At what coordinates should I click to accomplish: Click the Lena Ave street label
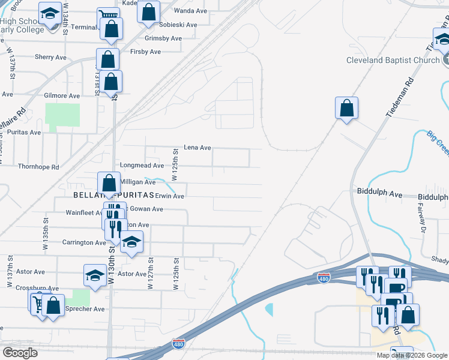pyautogui.click(x=197, y=148)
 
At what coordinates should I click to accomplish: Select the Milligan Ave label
pyautogui.click(x=138, y=182)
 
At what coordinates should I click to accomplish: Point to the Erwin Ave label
pyautogui.click(x=169, y=196)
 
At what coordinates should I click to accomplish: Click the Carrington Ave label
pyautogui.click(x=85, y=243)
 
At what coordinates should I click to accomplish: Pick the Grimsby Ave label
pyautogui.click(x=163, y=38)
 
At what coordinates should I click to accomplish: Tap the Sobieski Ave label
pyautogui.click(x=178, y=25)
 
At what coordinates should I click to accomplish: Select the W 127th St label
pyautogui.click(x=150, y=272)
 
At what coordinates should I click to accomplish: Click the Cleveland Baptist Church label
pyautogui.click(x=393, y=61)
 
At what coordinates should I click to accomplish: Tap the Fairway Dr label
pyautogui.click(x=423, y=217)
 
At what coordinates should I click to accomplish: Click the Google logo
pyautogui.click(x=20, y=352)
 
